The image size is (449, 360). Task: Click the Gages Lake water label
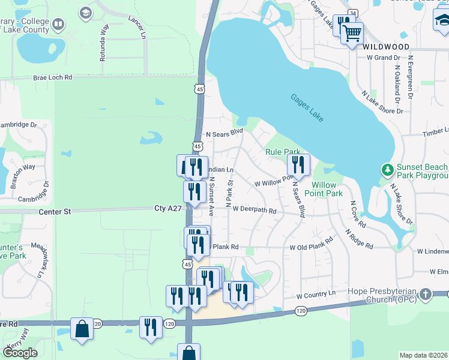click(307, 108)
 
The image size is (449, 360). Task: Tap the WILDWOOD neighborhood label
click(387, 47)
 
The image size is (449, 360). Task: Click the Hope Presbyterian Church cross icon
click(426, 294)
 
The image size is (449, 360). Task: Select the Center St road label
click(55, 211)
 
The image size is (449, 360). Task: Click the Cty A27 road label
click(167, 208)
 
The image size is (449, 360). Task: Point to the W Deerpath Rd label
click(255, 210)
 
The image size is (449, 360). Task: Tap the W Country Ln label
click(315, 296)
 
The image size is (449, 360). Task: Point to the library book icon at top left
click(58, 25)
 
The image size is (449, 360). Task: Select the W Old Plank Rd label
click(311, 246)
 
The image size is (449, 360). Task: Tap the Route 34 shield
click(352, 13)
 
